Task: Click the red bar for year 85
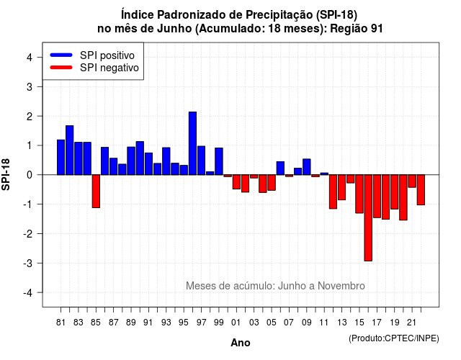96,192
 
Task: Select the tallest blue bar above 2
192,143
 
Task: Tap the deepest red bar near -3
368,217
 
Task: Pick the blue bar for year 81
61,157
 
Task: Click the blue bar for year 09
307,167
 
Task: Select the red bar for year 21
412,181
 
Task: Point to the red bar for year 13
341,187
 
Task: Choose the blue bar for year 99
219,161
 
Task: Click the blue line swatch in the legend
61,55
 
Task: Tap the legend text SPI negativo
109,68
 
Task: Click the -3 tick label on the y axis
27,263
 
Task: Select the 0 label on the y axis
30,175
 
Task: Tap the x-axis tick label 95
183,323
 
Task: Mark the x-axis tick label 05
272,323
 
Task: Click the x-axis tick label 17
377,323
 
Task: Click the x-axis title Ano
241,343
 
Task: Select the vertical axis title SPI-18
6,174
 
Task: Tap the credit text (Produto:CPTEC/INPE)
394,338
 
